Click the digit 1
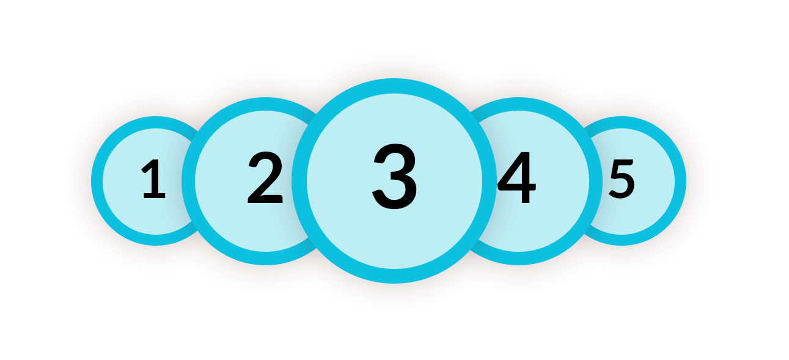[x=154, y=180]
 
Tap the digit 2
[x=265, y=179]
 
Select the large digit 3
[x=395, y=177]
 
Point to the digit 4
[x=517, y=179]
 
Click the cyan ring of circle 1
[x=97, y=181]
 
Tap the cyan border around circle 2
[x=265, y=104]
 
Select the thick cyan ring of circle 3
[x=394, y=86]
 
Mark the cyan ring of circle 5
[x=680, y=181]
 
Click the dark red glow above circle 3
[x=394, y=66]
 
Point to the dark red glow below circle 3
[x=394, y=295]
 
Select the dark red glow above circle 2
[x=265, y=86]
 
